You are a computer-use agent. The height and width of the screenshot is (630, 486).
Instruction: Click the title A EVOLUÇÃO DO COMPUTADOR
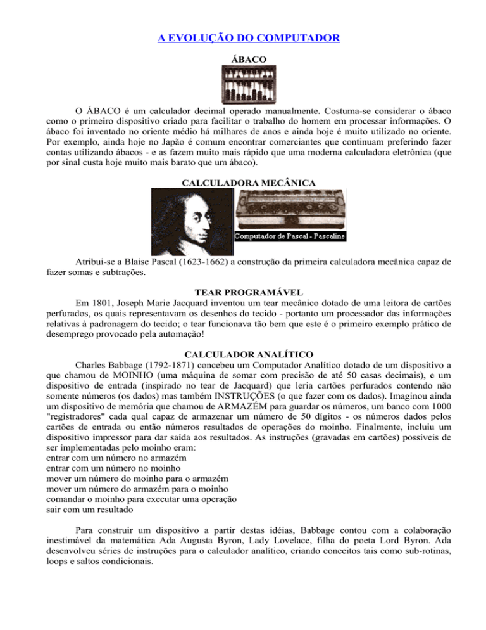(x=249, y=39)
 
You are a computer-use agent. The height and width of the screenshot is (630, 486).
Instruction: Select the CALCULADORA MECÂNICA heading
(x=244, y=183)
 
